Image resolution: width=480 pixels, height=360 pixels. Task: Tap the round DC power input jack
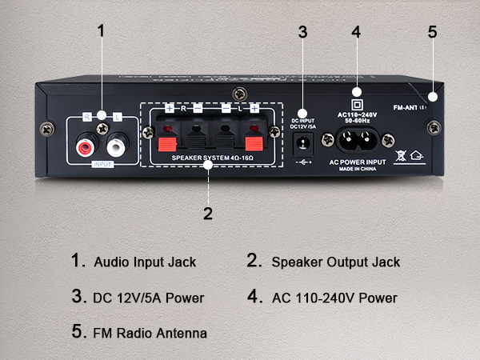pyautogui.click(x=303, y=144)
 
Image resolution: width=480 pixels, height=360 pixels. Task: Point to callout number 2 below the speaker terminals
pyautogui.click(x=208, y=213)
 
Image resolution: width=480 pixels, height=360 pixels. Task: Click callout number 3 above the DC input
pyautogui.click(x=302, y=32)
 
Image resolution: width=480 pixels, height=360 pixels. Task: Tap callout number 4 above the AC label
pyautogui.click(x=356, y=32)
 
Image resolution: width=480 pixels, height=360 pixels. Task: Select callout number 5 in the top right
pyautogui.click(x=432, y=32)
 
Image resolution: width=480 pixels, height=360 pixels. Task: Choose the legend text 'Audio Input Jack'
pyautogui.click(x=145, y=262)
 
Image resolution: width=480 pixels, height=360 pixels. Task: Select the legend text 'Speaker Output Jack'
pyautogui.click(x=335, y=262)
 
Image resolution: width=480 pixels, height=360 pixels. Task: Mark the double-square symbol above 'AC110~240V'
pyautogui.click(x=357, y=103)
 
